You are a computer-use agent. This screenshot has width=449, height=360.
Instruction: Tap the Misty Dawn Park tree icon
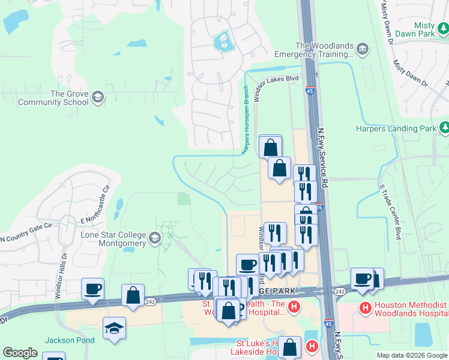pos(444,28)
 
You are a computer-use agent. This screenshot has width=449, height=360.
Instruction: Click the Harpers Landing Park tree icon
pos(444,127)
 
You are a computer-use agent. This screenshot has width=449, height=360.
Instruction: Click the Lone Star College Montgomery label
pos(113,239)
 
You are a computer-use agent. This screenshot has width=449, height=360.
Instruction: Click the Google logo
pos(20,353)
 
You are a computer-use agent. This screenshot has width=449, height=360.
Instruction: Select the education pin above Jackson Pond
pos(114,328)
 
